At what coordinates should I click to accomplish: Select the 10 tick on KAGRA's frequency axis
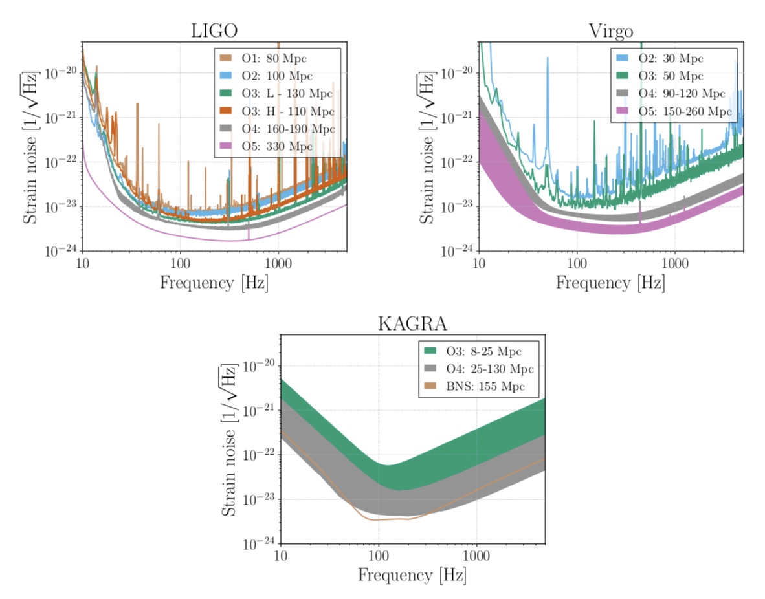tap(280, 556)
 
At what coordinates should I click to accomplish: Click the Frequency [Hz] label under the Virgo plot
tap(610, 283)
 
